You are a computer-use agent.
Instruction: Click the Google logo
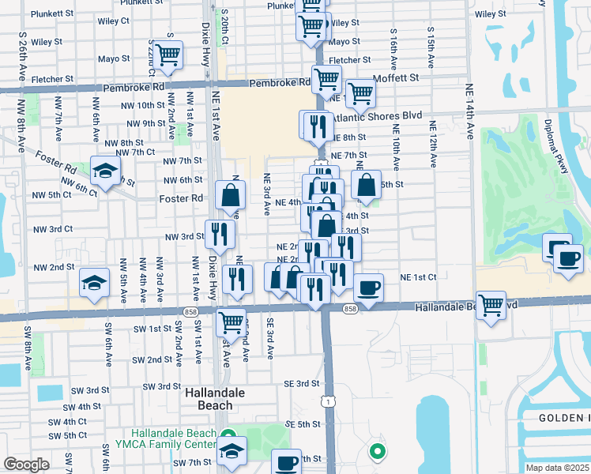click(x=26, y=465)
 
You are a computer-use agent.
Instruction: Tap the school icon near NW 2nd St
click(x=93, y=284)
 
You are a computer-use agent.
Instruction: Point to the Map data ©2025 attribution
click(x=558, y=468)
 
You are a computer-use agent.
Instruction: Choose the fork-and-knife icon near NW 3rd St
click(x=219, y=234)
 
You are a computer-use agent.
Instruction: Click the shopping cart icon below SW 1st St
click(x=231, y=322)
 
